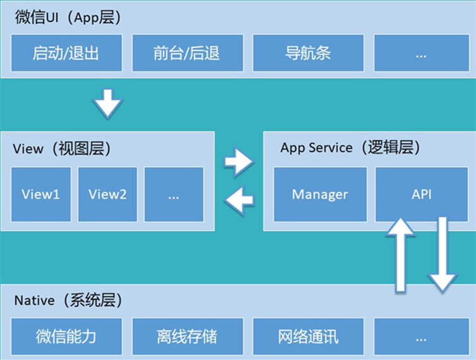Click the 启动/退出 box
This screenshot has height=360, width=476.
coord(66,53)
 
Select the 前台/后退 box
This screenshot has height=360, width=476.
coord(186,53)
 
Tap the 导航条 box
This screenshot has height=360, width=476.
coord(308,53)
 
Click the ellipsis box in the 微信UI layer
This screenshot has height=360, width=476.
coord(421,53)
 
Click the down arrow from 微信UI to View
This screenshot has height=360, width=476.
coord(108,103)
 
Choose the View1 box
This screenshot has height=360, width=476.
coord(40,194)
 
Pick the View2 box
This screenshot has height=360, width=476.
coord(107,194)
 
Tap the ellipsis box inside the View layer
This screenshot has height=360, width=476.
coord(174,194)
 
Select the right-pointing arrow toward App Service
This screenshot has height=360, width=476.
coord(239,162)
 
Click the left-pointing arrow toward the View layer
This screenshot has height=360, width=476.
coord(239,201)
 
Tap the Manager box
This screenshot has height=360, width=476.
coord(320,194)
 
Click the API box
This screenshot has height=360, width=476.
coord(421,194)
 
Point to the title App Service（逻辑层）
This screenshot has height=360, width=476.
coord(350,148)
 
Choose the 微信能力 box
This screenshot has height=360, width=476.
coord(66,336)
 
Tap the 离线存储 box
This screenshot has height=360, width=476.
coord(186,336)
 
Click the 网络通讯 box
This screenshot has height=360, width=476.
coord(308,336)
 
